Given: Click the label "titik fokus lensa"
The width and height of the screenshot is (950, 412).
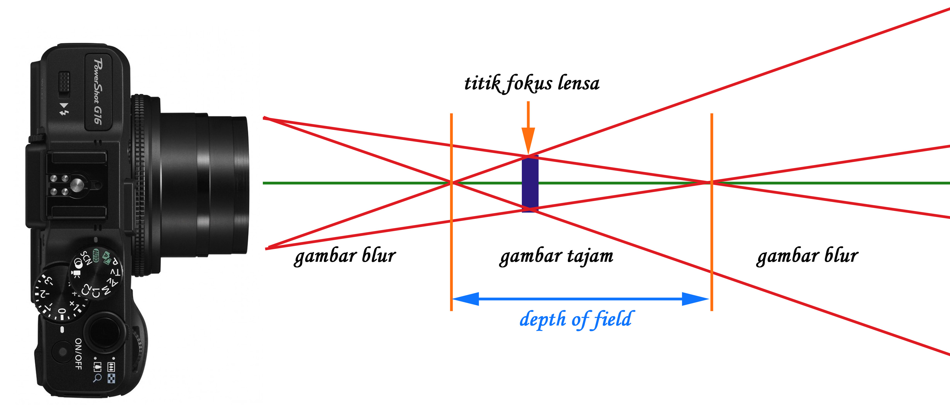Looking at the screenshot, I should (531, 83).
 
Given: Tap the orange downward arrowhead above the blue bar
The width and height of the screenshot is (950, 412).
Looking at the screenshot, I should (528, 140).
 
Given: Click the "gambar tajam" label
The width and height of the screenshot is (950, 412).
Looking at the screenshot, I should (556, 256).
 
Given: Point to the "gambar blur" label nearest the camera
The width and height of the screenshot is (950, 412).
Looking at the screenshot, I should (345, 256).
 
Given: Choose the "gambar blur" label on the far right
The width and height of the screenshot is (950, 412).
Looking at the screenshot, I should (807, 256).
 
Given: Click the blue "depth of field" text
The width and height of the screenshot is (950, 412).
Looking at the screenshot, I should (576, 319).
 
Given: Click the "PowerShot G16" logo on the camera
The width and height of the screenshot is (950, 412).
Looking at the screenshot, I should (98, 91).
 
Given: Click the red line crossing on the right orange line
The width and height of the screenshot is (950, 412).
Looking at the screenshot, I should (711, 182).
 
